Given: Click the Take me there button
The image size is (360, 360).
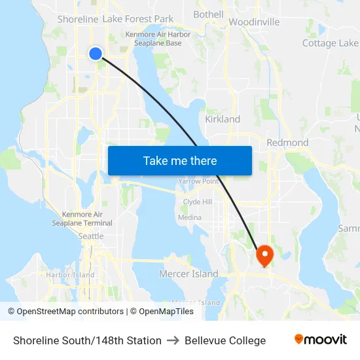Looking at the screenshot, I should point(179,160).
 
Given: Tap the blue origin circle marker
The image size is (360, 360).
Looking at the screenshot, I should point(96,54).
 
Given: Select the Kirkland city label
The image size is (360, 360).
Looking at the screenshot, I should point(223,120).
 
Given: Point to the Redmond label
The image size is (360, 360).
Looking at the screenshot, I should point(287,143).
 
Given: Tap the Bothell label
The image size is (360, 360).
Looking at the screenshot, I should point(208,14).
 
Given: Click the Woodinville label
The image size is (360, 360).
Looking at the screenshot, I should point(254,22).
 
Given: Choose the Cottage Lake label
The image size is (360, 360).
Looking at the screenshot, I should point(330,43).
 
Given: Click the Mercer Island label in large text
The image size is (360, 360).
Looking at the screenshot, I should point(189,274).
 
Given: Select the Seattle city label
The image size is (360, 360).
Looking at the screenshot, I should point(90,236).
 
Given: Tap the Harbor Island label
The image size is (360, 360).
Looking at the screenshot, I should point(70,275).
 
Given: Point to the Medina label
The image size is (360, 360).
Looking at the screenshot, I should point(190,217).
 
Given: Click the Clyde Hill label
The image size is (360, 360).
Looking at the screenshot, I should point(197,202).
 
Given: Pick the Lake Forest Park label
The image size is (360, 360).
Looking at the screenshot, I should point(138,19).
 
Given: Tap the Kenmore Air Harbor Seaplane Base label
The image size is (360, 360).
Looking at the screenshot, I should point(158,39).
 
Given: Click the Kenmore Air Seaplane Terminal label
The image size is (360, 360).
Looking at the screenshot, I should point(82,219).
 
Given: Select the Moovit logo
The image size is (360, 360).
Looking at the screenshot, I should point(320,340).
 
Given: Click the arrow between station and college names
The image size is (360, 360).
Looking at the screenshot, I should point(173,340).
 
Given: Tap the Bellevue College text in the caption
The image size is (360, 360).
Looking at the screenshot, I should point(225,340).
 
